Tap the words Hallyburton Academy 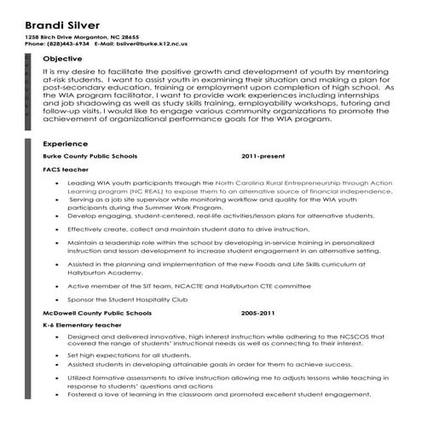point(102,274)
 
